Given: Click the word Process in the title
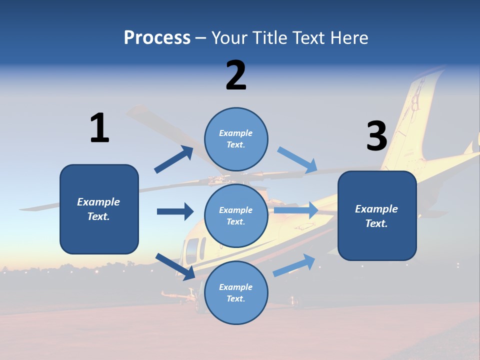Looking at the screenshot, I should [157, 38].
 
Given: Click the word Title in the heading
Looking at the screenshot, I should [267, 38].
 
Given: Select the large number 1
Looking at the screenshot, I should [99, 128].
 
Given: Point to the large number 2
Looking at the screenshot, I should [236, 75].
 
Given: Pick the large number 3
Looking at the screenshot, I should [376, 136].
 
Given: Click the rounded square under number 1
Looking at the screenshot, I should [99, 209].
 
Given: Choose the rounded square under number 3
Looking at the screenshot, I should [377, 215].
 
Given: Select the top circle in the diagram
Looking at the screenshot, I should [236, 139].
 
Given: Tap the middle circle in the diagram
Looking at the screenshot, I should [236, 215].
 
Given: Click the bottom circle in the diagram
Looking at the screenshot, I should [236, 292].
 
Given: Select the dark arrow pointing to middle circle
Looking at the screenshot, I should [175, 211].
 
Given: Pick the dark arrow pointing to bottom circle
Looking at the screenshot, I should [175, 266].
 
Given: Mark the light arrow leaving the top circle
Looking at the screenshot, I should [297, 160].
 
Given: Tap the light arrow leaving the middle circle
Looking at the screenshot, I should [295, 210].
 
